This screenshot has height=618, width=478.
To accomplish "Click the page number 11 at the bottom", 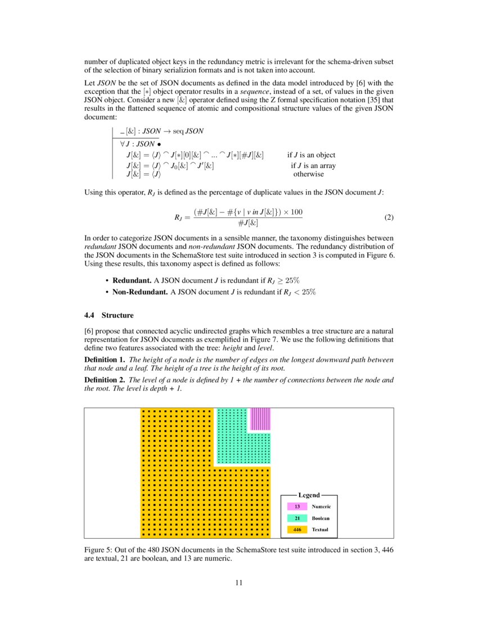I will pyautogui.click(x=239, y=583).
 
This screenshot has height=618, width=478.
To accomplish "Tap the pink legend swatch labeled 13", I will pyautogui.click(x=297, y=507).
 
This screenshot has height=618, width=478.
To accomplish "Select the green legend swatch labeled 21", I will pyautogui.click(x=297, y=518).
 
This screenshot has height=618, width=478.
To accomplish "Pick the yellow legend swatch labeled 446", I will pyautogui.click(x=297, y=529).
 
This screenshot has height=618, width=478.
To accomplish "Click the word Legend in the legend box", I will pyautogui.click(x=309, y=495).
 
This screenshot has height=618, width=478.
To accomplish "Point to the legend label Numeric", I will pyautogui.click(x=321, y=507).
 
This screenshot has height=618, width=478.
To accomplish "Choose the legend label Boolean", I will pyautogui.click(x=321, y=518).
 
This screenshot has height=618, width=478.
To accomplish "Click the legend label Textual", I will pyautogui.click(x=320, y=529).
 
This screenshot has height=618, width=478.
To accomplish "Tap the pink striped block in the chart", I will pyautogui.click(x=260, y=419).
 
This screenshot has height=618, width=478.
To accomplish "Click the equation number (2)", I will pyautogui.click(x=388, y=217).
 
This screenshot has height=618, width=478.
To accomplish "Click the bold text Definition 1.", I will pyautogui.click(x=104, y=360).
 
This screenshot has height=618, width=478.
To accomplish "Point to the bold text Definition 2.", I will pyautogui.click(x=104, y=380).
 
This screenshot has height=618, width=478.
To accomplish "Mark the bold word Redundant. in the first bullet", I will pyautogui.click(x=132, y=280).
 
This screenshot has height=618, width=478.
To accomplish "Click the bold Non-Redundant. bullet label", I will pyautogui.click(x=141, y=292).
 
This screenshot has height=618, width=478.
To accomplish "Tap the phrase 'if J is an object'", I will pyautogui.click(x=311, y=155).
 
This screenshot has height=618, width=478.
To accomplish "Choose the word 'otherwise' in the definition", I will pyautogui.click(x=309, y=174).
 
